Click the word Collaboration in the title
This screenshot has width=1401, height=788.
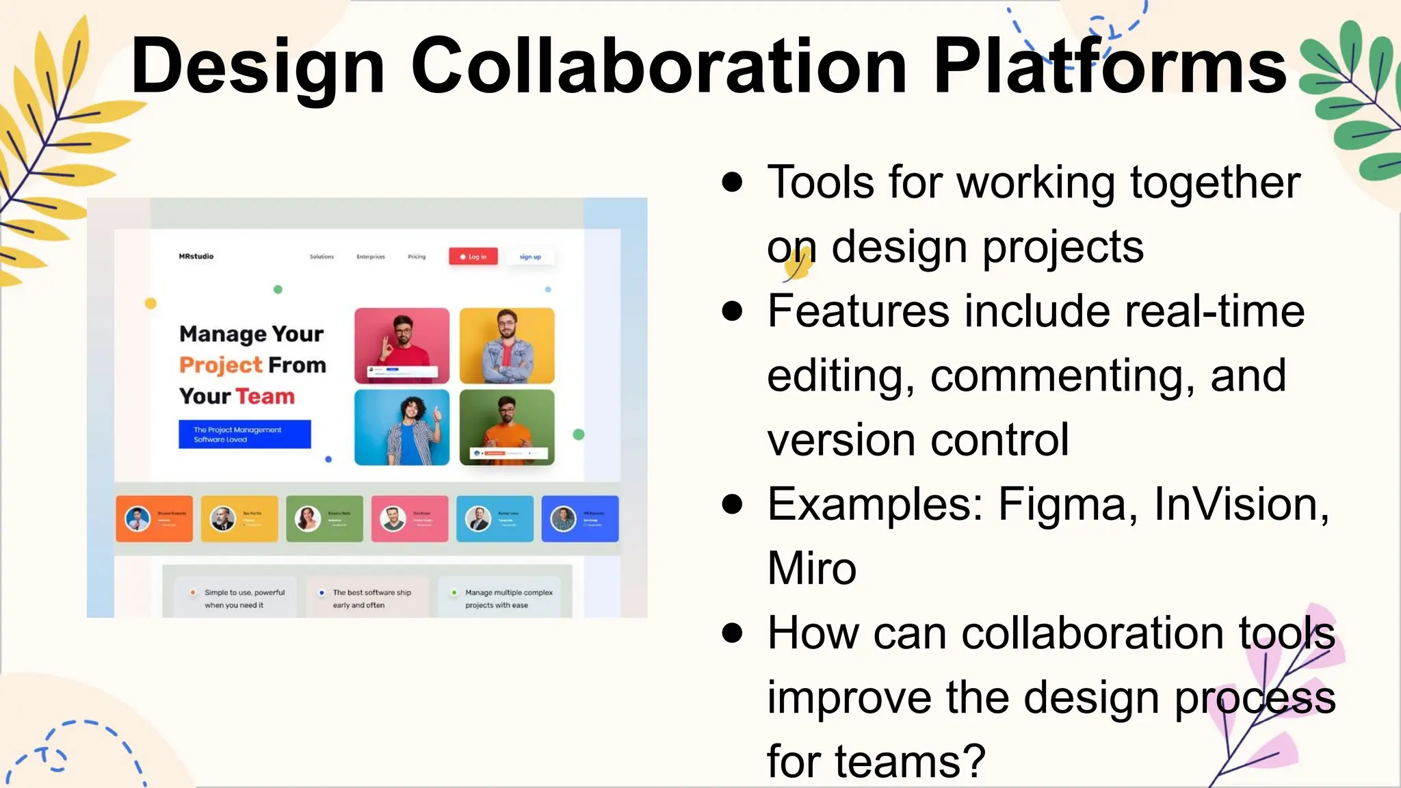(659, 66)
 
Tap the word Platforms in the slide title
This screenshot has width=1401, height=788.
(1110, 66)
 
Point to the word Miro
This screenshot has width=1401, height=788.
(812, 568)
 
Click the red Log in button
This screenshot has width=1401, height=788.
(473, 257)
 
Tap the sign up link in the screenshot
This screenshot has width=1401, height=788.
(530, 257)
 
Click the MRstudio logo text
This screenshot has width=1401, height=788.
(196, 257)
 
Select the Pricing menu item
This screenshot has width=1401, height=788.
(417, 257)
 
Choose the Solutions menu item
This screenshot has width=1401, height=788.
(322, 257)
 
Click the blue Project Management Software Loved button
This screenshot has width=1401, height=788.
(244, 434)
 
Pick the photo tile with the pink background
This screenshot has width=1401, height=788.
(402, 345)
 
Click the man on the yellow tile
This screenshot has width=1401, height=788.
(507, 345)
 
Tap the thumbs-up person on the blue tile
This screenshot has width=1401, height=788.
(402, 427)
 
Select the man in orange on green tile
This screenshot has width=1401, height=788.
(507, 427)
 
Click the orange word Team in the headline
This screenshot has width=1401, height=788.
(265, 397)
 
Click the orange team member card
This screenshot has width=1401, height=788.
(154, 519)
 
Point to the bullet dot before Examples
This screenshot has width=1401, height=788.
(732, 504)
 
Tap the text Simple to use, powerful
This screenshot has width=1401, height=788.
(244, 592)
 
